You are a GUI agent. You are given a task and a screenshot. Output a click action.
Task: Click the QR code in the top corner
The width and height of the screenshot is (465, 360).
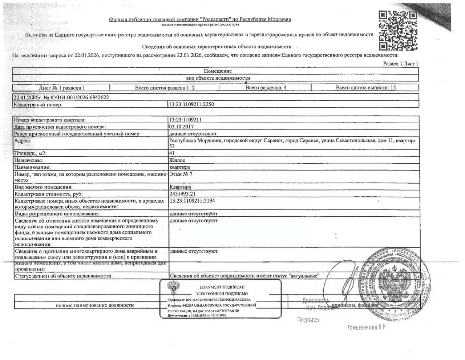[x=398, y=31]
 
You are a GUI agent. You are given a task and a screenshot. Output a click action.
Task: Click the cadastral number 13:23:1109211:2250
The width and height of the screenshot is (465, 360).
[x=194, y=105]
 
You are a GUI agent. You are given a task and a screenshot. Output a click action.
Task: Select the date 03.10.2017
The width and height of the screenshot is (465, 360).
[x=181, y=127]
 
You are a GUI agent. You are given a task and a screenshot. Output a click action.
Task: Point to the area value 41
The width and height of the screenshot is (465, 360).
[x=172, y=153]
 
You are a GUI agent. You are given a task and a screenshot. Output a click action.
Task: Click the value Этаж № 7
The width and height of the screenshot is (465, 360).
[x=181, y=174]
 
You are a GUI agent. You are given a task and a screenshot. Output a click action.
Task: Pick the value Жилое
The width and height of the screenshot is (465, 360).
[x=177, y=160]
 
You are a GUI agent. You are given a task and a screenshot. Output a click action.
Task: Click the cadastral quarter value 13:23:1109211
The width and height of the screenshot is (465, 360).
[x=185, y=120]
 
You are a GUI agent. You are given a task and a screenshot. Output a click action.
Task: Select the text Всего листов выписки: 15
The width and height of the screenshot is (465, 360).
[x=365, y=88]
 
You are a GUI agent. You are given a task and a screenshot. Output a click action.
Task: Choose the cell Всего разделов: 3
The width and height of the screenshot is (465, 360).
[x=266, y=88]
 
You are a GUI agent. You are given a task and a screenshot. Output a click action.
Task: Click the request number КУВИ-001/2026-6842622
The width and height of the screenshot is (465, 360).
[x=76, y=97]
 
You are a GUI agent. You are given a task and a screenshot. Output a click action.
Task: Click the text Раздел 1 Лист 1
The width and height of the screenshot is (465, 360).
[x=401, y=64]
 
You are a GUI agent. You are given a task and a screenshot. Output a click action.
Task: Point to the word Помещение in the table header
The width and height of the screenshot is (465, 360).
[x=218, y=71]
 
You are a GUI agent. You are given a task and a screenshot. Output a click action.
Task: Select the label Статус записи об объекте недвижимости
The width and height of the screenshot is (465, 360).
[x=64, y=276]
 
